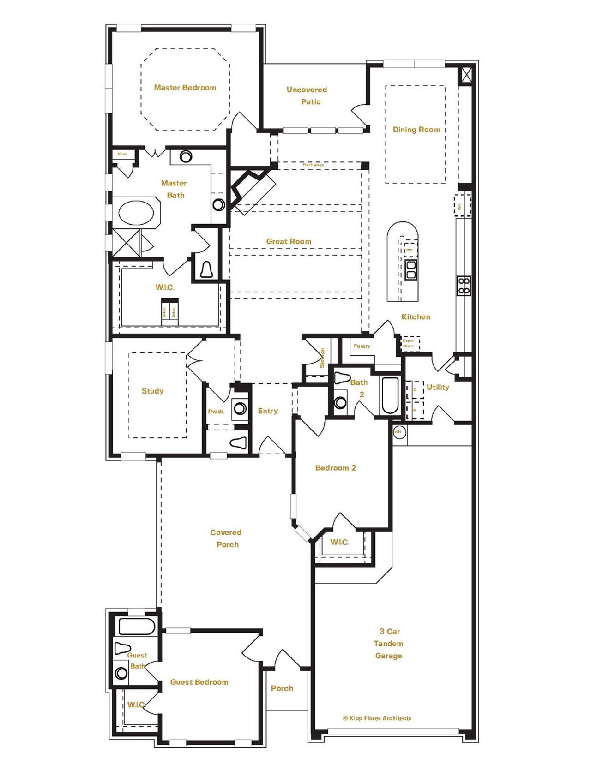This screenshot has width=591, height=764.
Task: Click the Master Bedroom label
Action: coord(185,88)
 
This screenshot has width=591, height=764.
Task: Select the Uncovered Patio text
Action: coord(307,95)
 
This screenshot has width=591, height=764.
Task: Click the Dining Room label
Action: coord(416,130)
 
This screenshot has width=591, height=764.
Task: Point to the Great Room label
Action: coord(289,241)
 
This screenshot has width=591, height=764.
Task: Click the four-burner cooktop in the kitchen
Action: coord(464,286)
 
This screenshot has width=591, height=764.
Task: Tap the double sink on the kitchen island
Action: coord(410,269)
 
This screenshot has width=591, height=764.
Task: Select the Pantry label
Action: coord(362,346)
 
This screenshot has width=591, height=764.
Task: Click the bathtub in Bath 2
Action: coord(390,395)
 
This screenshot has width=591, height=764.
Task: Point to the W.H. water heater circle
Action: coord(398,432)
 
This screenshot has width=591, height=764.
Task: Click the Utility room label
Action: coord(438,387)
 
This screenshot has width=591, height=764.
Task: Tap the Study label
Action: coord(152,391)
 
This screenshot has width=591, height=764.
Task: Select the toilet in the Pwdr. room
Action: coord(239,443)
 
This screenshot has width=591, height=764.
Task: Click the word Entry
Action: coord(268,411)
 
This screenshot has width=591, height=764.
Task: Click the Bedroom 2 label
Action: coord(335,468)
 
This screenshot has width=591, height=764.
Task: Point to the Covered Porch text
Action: coord(226,538)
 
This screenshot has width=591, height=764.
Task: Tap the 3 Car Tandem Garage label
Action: coord(388,643)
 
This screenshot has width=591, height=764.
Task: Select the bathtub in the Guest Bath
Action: coord(137,627)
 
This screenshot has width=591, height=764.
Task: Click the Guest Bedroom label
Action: coord(199,682)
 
